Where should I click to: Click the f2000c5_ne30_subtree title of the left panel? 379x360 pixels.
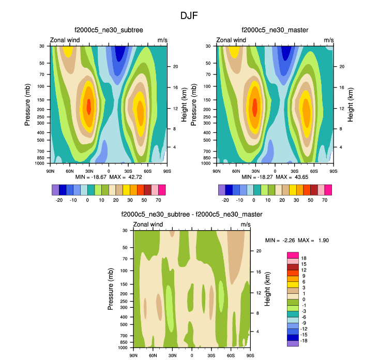tap(109, 31)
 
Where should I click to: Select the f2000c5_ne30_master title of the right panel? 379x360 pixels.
tap(275, 31)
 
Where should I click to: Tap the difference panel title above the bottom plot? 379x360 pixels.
tap(191, 214)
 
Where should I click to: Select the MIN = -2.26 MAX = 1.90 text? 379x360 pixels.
tap(297, 241)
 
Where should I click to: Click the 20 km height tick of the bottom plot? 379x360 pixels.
tap(258, 251)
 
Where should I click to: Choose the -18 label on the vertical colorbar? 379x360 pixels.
tap(306, 341)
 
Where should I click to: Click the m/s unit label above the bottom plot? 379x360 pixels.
tap(246, 224)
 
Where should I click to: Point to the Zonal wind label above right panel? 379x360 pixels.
tap(231, 40)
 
